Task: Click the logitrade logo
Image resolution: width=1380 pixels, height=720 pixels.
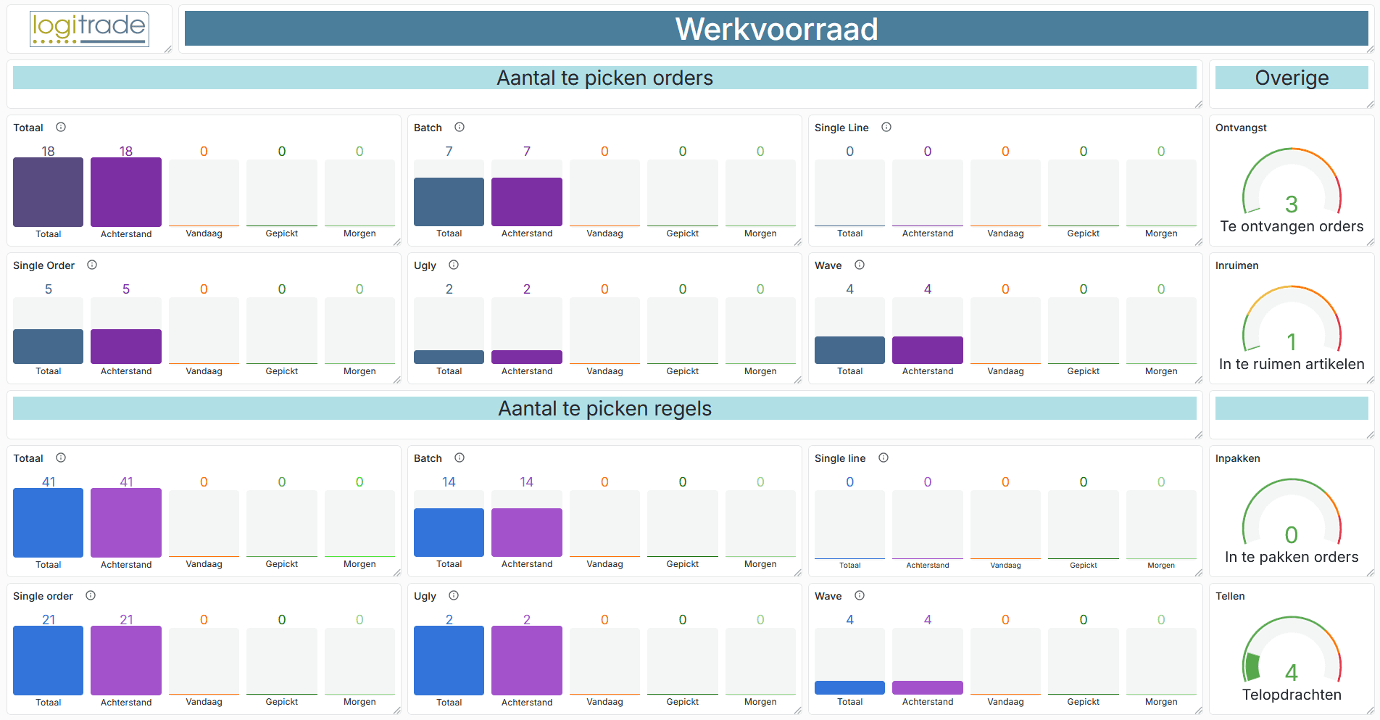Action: [89, 29]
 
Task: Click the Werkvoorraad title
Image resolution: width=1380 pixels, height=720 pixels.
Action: [776, 30]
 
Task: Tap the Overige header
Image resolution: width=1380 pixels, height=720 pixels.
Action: [1291, 78]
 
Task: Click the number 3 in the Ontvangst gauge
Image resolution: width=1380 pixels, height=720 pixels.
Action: [1291, 204]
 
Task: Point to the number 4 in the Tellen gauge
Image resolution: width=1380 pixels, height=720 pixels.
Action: [1291, 672]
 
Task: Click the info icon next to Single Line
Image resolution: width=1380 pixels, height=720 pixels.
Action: [886, 128]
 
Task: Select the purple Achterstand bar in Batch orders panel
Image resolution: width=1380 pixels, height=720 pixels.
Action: [526, 202]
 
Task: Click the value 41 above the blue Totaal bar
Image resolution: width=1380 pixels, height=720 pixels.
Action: [49, 481]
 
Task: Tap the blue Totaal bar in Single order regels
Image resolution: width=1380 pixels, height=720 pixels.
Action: [49, 660]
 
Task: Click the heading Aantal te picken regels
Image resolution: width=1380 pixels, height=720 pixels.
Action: [604, 409]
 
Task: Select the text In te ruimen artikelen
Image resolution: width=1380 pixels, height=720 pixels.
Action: [1291, 364]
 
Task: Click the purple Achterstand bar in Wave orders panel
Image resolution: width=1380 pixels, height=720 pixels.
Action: [927, 349]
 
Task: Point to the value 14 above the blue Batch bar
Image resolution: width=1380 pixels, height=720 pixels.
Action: [449, 481]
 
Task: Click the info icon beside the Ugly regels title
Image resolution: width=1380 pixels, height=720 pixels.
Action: [454, 596]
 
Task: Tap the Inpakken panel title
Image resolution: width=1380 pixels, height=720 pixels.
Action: [1237, 458]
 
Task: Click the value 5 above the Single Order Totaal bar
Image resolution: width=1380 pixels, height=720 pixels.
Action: [49, 289]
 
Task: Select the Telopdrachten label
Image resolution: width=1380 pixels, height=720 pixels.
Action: [1291, 695]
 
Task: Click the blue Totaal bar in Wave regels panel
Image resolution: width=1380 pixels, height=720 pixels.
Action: [849, 687]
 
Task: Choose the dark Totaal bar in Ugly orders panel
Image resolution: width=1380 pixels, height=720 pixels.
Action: [449, 357]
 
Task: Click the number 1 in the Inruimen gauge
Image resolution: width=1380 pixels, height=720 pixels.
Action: [1291, 342]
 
